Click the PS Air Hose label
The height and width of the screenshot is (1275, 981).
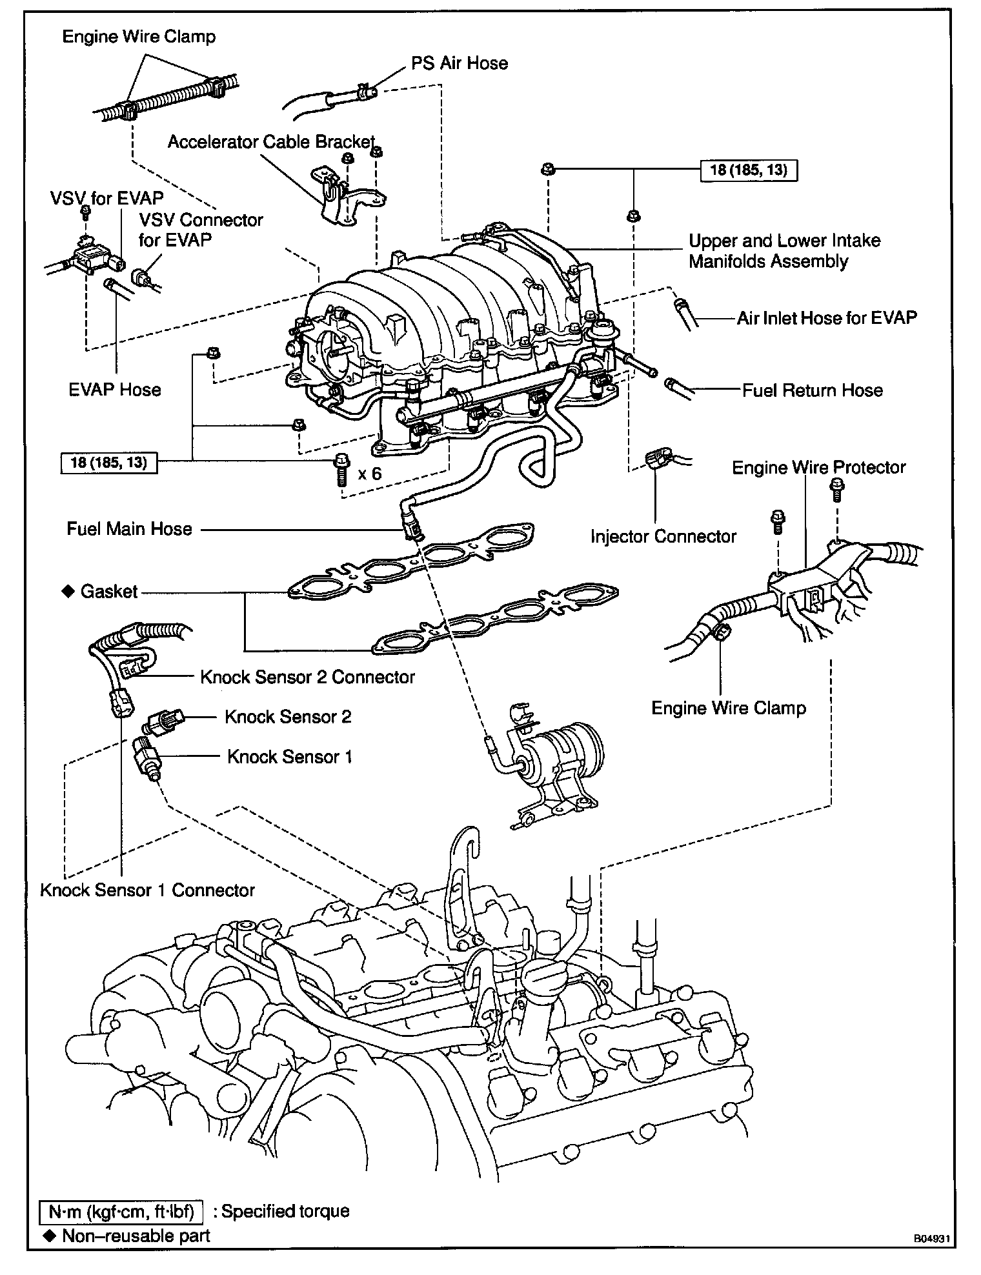click(x=459, y=63)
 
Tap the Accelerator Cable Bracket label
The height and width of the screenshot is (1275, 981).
click(x=271, y=142)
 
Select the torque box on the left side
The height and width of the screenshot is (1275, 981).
click(x=108, y=462)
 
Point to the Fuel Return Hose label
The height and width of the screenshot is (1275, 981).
click(x=812, y=390)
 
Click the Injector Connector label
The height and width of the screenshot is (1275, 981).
click(x=663, y=536)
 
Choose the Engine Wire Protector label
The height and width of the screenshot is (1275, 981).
click(x=818, y=467)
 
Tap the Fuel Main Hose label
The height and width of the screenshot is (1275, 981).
click(x=130, y=529)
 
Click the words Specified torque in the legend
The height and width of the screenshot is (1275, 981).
click(x=285, y=1210)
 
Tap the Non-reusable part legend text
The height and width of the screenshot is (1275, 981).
click(x=136, y=1235)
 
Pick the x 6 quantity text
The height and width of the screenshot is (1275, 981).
click(x=370, y=474)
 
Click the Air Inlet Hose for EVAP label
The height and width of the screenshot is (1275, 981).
click(x=826, y=317)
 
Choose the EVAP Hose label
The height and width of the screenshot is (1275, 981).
click(x=115, y=390)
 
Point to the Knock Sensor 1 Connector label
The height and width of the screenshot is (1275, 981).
click(x=147, y=890)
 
